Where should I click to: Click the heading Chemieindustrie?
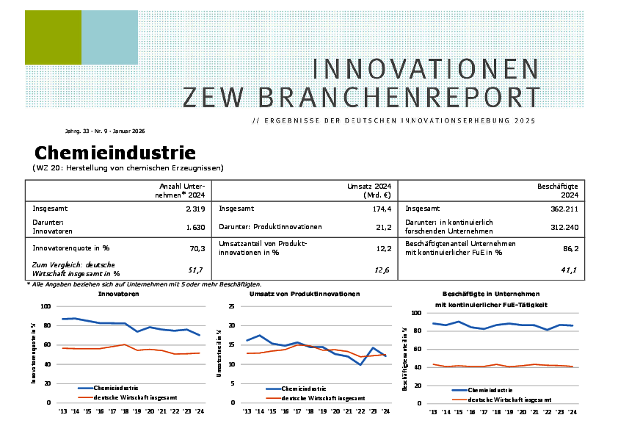[x=115, y=153]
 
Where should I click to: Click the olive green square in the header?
[x=53, y=37]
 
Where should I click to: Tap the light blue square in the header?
[x=109, y=37]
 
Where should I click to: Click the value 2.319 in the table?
[x=195, y=209]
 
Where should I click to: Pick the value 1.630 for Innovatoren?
[x=195, y=228]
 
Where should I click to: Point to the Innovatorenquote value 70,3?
[x=197, y=248]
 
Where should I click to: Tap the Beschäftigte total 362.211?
[x=564, y=209]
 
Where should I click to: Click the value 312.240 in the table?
[x=564, y=228]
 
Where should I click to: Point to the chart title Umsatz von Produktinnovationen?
[x=305, y=294]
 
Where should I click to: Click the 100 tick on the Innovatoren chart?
[x=46, y=306]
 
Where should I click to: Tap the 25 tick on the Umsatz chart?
[x=231, y=306]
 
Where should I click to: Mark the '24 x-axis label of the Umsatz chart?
[x=385, y=411]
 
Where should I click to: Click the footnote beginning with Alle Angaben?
[x=145, y=284]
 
